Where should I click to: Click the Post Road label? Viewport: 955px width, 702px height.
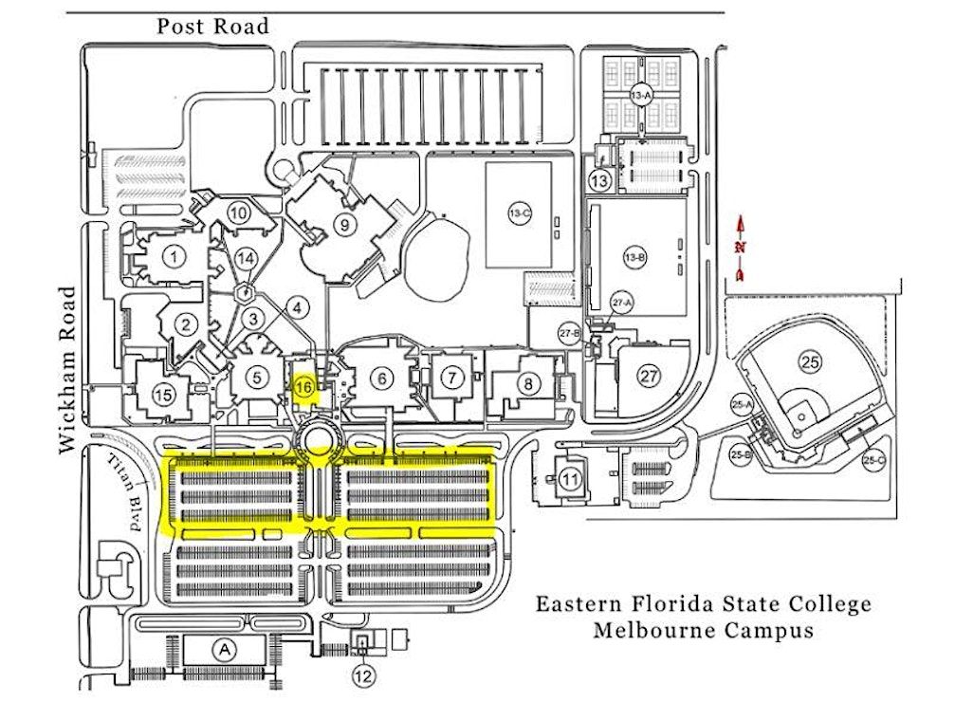(213, 26)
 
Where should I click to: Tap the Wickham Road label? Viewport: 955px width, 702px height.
(69, 371)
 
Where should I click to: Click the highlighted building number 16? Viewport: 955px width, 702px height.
(303, 387)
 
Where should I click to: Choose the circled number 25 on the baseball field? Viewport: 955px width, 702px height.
(808, 360)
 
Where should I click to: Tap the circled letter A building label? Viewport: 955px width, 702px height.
(224, 650)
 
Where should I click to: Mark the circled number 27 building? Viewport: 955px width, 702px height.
(649, 377)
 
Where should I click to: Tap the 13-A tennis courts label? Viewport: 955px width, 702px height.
(641, 95)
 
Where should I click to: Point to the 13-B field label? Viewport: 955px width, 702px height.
(634, 257)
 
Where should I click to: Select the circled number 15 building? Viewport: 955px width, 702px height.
(164, 395)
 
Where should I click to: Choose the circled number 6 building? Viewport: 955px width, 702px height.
(382, 378)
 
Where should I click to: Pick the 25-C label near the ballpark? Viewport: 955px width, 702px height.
(874, 459)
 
